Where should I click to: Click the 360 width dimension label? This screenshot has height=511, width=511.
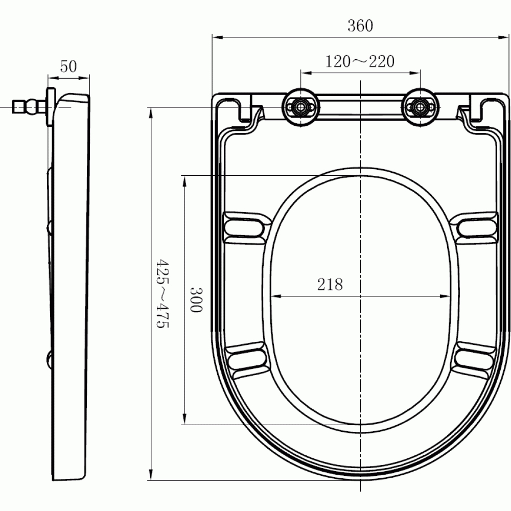point(360,26)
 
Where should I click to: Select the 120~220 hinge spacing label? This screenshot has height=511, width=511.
point(360,61)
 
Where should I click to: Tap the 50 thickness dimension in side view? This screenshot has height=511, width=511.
point(68,66)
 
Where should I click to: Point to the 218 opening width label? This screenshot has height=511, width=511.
point(330,285)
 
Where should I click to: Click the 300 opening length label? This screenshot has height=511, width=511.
point(197,299)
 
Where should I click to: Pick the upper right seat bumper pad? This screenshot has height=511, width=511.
point(476,225)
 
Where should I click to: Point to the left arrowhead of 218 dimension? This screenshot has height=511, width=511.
point(274,296)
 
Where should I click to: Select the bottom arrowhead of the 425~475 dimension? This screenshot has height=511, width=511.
point(151,475)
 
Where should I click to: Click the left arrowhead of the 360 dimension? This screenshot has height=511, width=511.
point(216,37)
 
